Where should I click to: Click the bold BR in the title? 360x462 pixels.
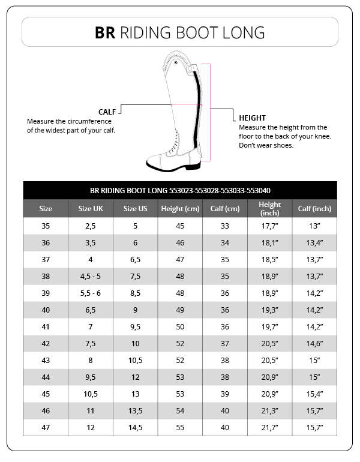point(106,32)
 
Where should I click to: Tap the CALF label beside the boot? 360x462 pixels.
point(107,112)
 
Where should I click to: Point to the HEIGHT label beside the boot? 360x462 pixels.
point(252,118)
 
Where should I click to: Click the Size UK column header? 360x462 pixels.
point(91,209)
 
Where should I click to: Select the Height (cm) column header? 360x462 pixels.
point(180,209)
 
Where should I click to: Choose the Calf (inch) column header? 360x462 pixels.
point(314,209)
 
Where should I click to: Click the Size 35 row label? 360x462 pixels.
point(46,226)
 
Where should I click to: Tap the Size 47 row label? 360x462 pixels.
point(46,428)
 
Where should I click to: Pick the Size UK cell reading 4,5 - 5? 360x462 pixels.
point(91,277)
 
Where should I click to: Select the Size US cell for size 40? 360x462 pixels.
point(136,310)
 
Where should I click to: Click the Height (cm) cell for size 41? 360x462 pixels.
point(180,327)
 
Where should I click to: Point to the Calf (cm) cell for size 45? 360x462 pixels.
point(225,394)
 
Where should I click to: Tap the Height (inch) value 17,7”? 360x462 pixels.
point(270,226)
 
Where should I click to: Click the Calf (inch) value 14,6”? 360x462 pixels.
point(314,344)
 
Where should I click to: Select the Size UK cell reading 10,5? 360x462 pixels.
point(91,394)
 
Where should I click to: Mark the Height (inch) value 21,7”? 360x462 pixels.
point(270,428)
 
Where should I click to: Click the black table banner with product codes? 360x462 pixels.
point(180,190)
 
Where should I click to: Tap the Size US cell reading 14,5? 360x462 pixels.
point(136,428)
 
